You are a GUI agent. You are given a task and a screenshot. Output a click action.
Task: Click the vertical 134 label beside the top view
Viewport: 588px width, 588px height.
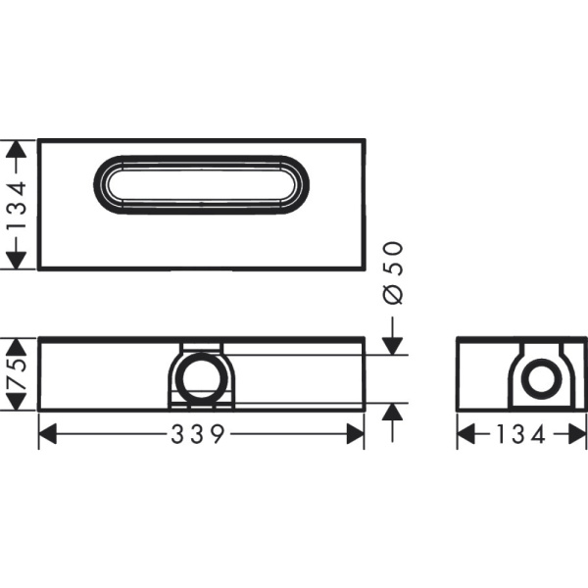pyautogui.click(x=15, y=205)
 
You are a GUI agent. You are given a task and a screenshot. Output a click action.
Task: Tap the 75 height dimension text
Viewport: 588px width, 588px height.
pyautogui.click(x=15, y=374)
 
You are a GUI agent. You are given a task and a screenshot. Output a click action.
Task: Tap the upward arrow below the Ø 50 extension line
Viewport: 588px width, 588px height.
pyautogui.click(x=392, y=411)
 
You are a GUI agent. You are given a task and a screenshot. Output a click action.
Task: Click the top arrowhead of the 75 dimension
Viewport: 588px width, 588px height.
pyautogui.click(x=15, y=344)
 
